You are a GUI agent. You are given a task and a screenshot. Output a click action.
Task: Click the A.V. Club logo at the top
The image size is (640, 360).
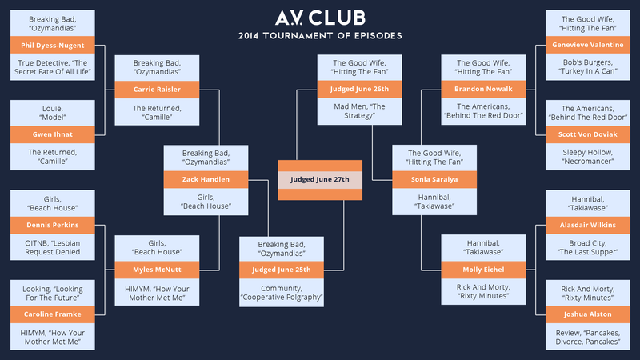point(321,18)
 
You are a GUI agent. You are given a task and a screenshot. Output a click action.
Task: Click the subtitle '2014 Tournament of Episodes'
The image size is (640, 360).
point(321,36)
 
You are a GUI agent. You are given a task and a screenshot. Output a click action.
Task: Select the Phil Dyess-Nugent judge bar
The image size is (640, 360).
point(53,46)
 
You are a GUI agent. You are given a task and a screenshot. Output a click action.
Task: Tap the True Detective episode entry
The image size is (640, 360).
point(53,67)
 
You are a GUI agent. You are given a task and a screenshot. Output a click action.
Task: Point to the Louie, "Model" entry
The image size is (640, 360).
point(53,113)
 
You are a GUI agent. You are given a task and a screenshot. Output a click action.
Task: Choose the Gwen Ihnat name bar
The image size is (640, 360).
point(53,134)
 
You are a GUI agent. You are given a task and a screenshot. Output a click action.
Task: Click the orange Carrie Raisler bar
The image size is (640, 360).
point(157,90)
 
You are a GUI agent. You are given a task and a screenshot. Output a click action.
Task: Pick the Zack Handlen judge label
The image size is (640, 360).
point(206,179)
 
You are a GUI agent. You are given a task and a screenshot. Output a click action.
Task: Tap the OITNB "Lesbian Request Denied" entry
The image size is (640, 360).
point(53,247)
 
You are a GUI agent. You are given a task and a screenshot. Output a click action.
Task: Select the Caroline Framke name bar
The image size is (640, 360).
point(53,314)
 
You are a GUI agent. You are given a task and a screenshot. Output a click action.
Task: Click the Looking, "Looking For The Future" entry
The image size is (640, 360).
point(53,293)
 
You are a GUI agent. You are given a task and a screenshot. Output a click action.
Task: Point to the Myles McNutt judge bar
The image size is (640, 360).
point(157,270)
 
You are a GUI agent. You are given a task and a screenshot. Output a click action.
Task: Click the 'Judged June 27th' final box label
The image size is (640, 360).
point(320,179)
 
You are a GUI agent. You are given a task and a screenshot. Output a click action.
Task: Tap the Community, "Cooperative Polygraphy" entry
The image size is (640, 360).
point(282,293)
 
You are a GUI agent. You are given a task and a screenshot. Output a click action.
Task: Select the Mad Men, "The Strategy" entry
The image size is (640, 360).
point(359,111)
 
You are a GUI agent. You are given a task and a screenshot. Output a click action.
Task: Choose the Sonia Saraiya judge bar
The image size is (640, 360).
point(434,179)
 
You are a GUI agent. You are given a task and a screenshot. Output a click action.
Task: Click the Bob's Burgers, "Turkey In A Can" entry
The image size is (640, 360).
point(588,67)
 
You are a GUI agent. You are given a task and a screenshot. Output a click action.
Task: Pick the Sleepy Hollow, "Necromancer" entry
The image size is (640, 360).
point(588,157)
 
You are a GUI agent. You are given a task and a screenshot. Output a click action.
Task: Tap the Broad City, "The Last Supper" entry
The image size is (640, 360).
point(588,247)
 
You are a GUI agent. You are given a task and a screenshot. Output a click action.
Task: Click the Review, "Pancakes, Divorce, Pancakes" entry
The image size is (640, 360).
point(588,337)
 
